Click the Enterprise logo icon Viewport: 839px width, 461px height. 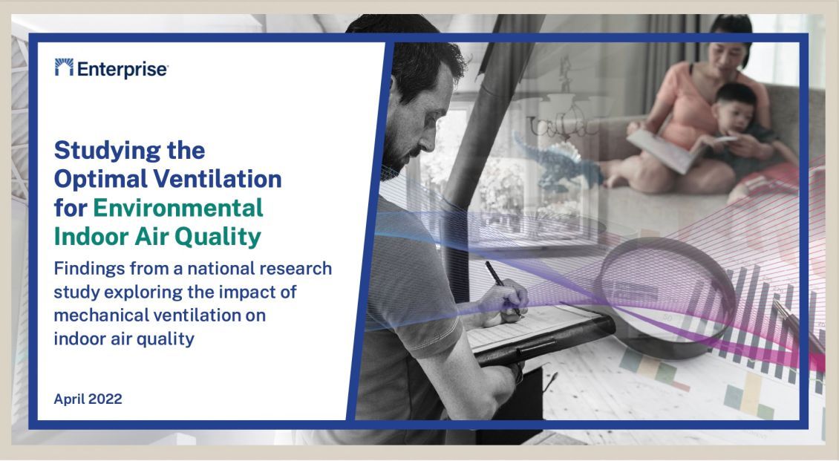click(x=64, y=68)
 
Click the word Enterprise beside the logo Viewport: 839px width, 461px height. click(x=123, y=70)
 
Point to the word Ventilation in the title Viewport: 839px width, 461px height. click(x=218, y=179)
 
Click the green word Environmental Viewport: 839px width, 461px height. click(x=178, y=208)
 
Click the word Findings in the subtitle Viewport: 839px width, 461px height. click(x=84, y=269)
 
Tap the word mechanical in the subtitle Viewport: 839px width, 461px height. click(x=99, y=315)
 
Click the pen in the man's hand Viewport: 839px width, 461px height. click(x=503, y=288)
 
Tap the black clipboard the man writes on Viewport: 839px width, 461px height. click(x=541, y=338)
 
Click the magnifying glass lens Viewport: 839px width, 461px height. click(x=667, y=290)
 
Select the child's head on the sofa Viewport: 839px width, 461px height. click(x=736, y=107)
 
